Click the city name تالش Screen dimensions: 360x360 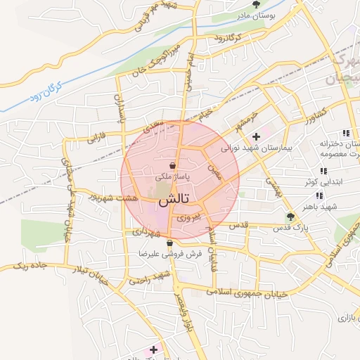pos(173,200)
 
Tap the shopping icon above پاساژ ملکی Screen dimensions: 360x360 pos(173,166)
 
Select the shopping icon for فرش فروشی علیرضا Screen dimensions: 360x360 pos(169,243)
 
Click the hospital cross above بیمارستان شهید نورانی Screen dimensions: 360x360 pos(257,136)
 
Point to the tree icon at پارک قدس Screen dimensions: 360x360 pos(290,217)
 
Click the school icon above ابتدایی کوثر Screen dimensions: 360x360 pos(323,171)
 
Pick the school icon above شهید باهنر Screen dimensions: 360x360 pos(319,195)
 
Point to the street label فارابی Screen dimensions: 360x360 pos(96,136)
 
